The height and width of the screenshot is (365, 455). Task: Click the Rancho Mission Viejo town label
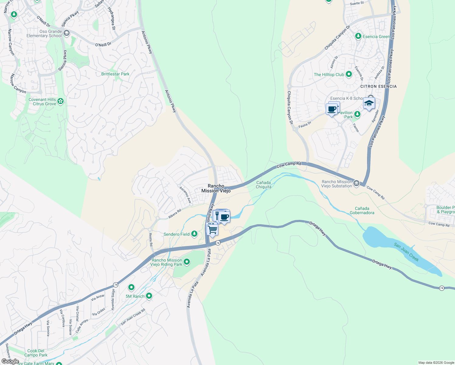[216, 188]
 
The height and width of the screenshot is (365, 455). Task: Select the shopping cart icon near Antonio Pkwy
[212, 229]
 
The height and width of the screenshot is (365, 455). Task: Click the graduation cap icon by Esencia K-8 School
[369, 103]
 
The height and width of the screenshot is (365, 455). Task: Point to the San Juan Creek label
[406, 252]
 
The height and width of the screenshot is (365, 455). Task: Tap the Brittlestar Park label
[115, 74]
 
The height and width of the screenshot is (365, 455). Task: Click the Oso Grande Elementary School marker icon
[67, 33]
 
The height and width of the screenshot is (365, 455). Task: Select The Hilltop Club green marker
[349, 74]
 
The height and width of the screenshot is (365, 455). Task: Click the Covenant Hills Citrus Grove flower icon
[61, 101]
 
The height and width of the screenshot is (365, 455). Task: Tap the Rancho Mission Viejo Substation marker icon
[356, 183]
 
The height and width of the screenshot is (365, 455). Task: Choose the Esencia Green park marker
[358, 36]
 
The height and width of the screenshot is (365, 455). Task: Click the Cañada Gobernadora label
[362, 210]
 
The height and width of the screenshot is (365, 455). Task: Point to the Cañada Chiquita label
[263, 185]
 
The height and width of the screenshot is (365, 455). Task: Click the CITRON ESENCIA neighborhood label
[378, 86]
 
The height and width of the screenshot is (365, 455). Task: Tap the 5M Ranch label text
[135, 296]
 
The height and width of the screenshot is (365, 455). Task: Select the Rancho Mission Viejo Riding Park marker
[187, 262]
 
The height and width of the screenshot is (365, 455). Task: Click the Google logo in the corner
[10, 361]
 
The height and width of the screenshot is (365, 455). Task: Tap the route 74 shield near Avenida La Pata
[218, 243]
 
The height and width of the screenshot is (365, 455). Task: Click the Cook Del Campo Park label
[36, 353]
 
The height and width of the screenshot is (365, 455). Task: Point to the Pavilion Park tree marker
[357, 114]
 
